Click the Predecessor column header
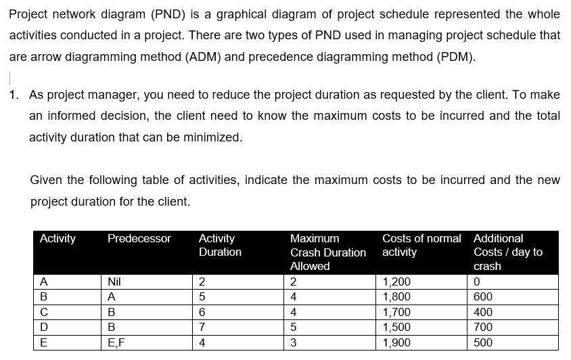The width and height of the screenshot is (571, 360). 139,239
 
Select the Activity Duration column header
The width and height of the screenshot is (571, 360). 220,245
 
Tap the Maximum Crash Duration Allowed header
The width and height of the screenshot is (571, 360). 328,252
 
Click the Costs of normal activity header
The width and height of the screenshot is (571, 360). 421,245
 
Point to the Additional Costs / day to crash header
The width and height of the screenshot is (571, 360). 508,252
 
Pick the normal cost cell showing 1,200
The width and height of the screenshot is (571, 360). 396,282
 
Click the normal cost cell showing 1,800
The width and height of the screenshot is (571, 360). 396,296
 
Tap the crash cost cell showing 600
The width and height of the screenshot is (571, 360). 483,296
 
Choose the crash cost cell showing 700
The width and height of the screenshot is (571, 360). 483,327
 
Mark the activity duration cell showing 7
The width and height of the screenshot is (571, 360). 201,327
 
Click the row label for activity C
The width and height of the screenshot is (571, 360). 44,312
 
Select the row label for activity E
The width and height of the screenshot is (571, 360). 44,342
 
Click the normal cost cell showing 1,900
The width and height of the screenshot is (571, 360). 396,342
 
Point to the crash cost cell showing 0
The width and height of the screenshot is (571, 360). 478,282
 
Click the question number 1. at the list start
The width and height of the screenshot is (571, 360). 15,95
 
